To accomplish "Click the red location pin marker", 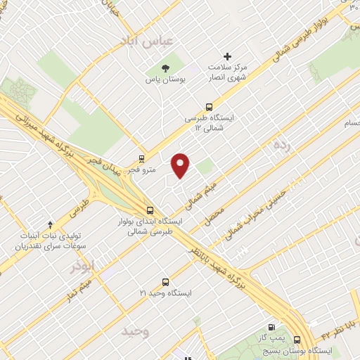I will coord(181,165).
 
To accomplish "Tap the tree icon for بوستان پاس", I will coord(165,68).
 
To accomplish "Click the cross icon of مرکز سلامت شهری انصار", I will coord(226,56).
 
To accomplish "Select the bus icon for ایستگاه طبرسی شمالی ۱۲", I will coord(208,107).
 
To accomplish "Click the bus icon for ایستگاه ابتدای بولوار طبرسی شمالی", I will coord(150,210).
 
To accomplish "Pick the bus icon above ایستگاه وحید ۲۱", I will coord(165,280).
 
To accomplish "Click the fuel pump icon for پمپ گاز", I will coord(271,327).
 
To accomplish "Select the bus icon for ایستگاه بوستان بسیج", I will coord(297,337).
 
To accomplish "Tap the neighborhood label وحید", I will coord(135,330).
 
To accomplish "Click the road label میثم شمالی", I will coord(204,193).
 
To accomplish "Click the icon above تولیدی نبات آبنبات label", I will coord(49,223).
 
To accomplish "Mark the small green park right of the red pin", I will coord(205,167).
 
